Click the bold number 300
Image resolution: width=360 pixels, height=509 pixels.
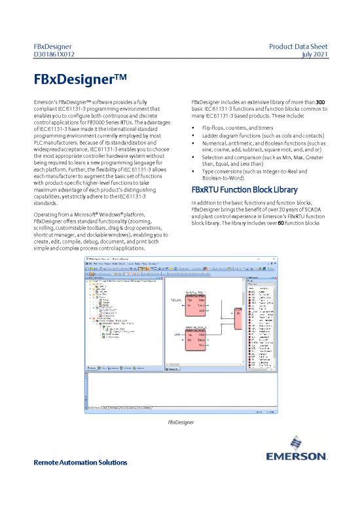click(323, 102)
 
